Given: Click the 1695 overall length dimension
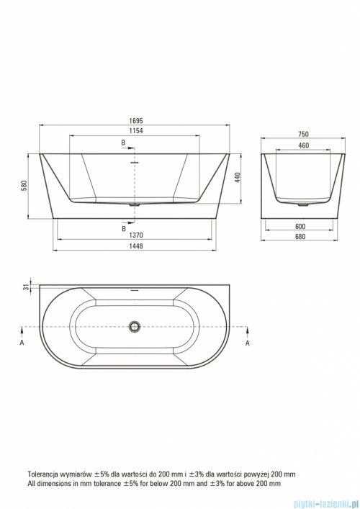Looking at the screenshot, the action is (136, 121).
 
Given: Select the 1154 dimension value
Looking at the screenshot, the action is (136, 131).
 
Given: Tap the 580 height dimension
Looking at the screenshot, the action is (24, 185).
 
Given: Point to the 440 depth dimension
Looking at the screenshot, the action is (238, 178).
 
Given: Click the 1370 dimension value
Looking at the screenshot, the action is (136, 235).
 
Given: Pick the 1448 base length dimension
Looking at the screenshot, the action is (136, 246).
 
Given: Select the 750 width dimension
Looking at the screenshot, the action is (304, 134).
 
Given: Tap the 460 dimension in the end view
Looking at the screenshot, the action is (304, 145).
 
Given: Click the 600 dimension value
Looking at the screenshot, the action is (300, 226).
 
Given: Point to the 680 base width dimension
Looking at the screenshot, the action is (300, 237).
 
